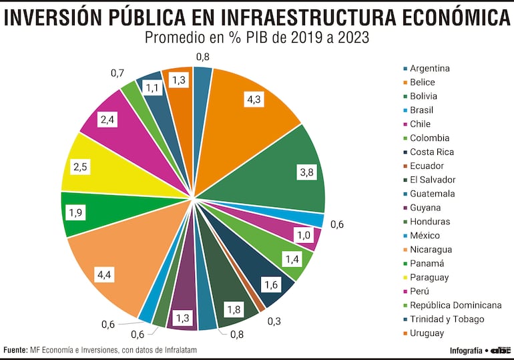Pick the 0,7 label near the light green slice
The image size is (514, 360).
coord(118,71)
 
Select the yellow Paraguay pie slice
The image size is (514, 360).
coord(113,167)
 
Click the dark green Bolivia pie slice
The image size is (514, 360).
coord(280,167)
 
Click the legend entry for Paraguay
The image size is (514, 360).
coord(429,277)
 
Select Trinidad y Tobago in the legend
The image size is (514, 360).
coord(447,319)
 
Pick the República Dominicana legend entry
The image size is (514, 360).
coord(455,305)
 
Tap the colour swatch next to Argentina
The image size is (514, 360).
coord(405,69)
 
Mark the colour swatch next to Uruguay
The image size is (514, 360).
coord(405,333)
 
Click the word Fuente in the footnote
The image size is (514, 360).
coord(15,350)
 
